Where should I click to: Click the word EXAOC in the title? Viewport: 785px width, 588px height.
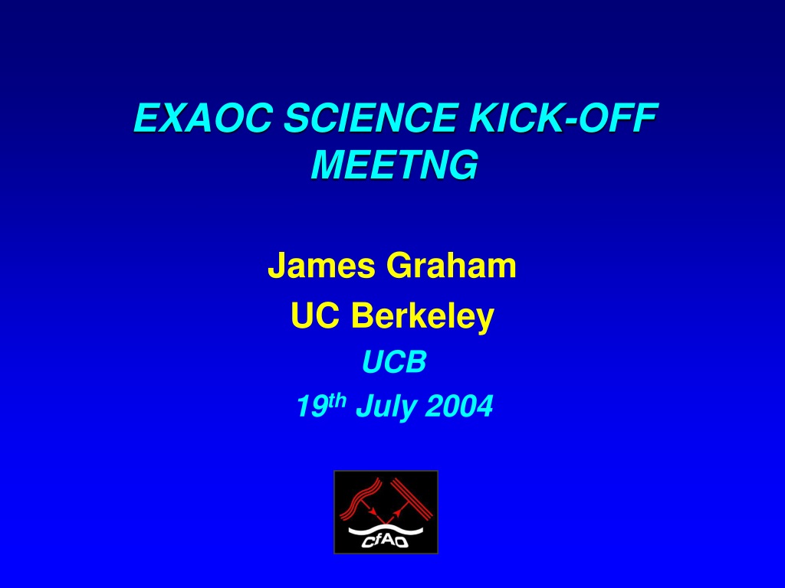pos(202,117)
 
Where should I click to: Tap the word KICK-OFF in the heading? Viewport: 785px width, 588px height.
pos(563,117)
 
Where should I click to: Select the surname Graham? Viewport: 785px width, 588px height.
pos(451,266)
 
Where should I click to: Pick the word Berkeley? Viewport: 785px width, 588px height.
pos(422,316)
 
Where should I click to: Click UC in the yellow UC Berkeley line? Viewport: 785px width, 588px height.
pos(315,316)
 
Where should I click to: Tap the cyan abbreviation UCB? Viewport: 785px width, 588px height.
pos(394,361)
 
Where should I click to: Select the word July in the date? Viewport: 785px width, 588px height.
pos(386,407)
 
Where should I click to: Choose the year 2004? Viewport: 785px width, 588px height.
pos(459,407)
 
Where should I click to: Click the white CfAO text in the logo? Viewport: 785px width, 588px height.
pos(385,541)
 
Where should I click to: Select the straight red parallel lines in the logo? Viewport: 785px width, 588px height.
pos(412,499)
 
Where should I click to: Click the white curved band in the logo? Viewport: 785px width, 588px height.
pos(386,530)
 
